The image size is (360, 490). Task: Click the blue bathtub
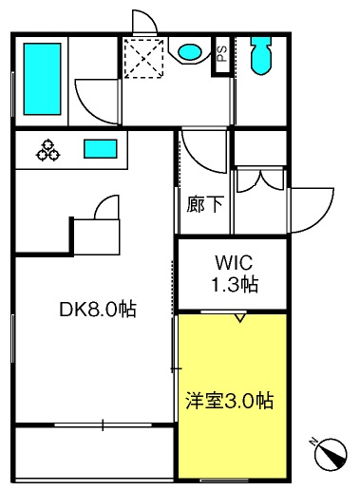[41, 75]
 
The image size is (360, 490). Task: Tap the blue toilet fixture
[260, 60]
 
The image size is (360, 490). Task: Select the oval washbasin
[189, 51]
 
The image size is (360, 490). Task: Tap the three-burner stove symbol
[48, 149]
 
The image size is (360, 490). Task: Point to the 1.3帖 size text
[233, 282]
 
